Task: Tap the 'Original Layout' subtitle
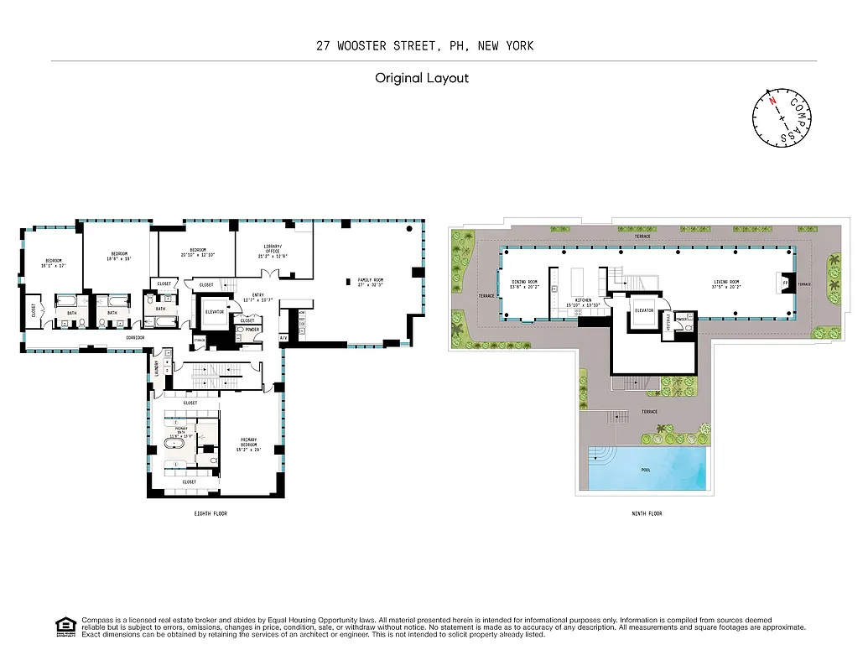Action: coord(421,78)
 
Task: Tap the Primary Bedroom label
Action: coord(248,442)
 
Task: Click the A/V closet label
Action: coord(283,337)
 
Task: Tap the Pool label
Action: coord(646,470)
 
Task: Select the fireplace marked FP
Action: coord(785,283)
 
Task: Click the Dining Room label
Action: coord(523,283)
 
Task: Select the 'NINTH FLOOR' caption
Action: coord(646,513)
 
